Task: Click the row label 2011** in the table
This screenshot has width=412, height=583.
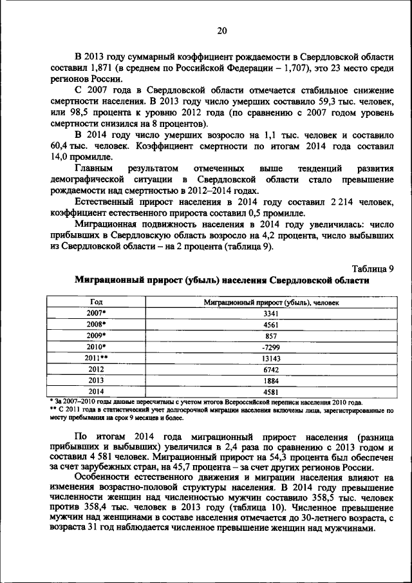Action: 96,358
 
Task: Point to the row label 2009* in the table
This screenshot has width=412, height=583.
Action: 96,336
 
